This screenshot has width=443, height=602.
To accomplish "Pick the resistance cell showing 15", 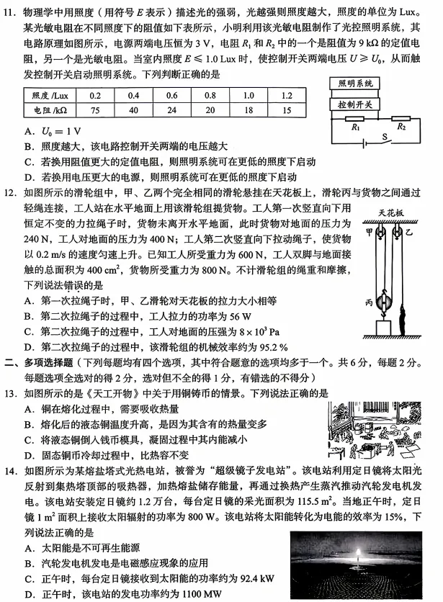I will (x=287, y=111).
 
